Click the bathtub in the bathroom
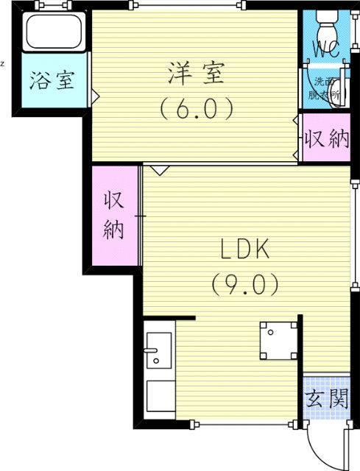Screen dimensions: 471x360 (54, 32)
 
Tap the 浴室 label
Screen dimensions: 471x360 (52, 80)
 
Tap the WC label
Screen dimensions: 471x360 (326, 50)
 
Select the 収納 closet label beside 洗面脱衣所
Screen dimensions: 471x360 (327, 138)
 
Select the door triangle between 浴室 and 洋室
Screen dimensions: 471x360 (94, 94)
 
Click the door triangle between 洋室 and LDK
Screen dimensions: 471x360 (160, 169)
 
